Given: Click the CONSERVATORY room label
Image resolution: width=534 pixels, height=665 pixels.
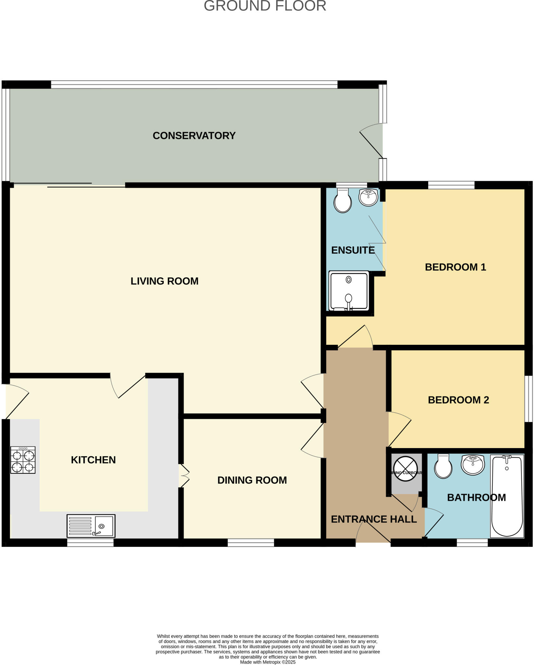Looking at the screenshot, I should [x=194, y=135].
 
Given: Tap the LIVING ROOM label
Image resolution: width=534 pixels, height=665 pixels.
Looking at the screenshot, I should [x=164, y=281].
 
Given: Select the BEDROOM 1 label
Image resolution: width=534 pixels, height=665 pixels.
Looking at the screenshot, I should [x=455, y=267].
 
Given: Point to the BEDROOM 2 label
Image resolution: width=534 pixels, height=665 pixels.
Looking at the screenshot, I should [x=458, y=400].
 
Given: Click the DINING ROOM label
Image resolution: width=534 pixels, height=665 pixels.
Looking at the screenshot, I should [x=252, y=480].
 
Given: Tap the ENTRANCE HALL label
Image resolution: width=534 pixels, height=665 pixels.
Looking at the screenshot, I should [x=374, y=519].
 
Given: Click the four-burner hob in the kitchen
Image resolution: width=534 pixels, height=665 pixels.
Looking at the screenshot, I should [x=23, y=459].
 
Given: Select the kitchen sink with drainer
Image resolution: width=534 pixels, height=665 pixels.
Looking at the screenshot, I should [x=91, y=526].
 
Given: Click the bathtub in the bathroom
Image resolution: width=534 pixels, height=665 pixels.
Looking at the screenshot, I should [x=507, y=496].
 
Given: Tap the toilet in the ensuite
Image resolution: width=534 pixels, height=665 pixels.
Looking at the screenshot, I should [x=343, y=201].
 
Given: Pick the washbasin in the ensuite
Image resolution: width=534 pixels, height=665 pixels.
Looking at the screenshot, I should [x=368, y=197].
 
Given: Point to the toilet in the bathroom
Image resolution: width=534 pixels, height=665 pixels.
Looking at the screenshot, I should [x=443, y=467].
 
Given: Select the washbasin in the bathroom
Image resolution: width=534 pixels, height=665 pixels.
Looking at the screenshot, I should [x=473, y=464].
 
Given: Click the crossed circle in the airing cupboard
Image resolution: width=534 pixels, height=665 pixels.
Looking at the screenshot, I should [x=405, y=473].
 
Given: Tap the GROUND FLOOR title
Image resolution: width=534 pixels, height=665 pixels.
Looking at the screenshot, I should [x=265, y=6].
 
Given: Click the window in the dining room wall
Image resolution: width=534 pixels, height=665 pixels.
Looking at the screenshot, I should [x=251, y=543].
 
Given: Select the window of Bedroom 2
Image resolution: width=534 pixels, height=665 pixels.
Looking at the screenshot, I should [x=529, y=399].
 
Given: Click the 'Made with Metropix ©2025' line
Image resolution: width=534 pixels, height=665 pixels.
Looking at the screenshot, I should [x=268, y=662].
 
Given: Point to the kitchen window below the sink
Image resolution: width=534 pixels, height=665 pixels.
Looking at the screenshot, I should [x=90, y=543].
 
